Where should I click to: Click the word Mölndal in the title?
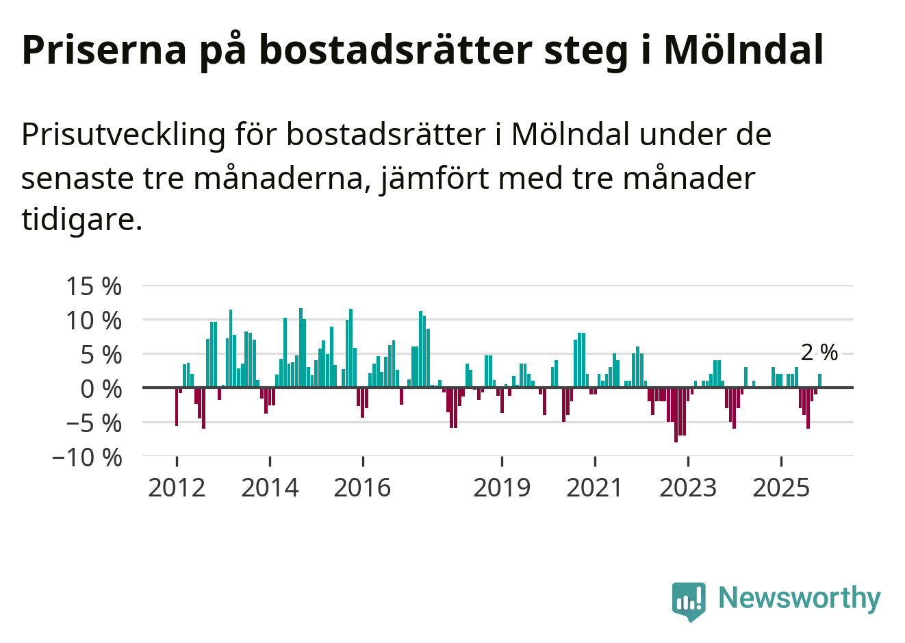pyautogui.click(x=743, y=49)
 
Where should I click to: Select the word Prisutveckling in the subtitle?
pyautogui.click(x=123, y=134)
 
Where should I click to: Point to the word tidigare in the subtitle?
pyautogui.click(x=81, y=219)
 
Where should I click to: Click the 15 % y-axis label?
pyautogui.click(x=94, y=286)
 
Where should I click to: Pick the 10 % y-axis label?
pyautogui.click(x=94, y=320)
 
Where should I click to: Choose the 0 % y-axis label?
pyautogui.click(x=101, y=389)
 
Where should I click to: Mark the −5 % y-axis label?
pyautogui.click(x=94, y=423)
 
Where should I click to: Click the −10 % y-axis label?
pyautogui.click(x=87, y=457)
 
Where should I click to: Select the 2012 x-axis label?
pyautogui.click(x=177, y=488)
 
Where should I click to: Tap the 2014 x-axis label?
pyautogui.click(x=270, y=488)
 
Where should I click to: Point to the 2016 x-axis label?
pyautogui.click(x=363, y=488)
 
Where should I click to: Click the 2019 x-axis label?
pyautogui.click(x=502, y=488)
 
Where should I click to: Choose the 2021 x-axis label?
pyautogui.click(x=595, y=488)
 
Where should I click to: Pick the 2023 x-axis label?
pyautogui.click(x=688, y=488)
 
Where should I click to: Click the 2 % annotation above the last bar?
pyautogui.click(x=819, y=353)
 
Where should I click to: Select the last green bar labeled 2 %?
pyautogui.click(x=819, y=381)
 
